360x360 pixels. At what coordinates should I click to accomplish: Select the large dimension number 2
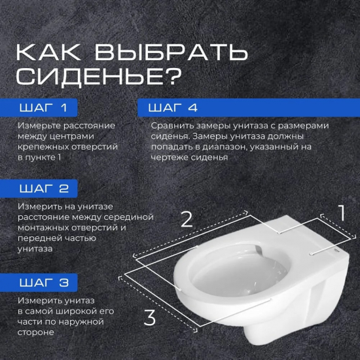(x=187, y=219)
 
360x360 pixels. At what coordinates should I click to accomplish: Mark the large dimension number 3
(x=150, y=318)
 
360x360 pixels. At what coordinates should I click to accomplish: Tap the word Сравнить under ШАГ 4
(x=171, y=125)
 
